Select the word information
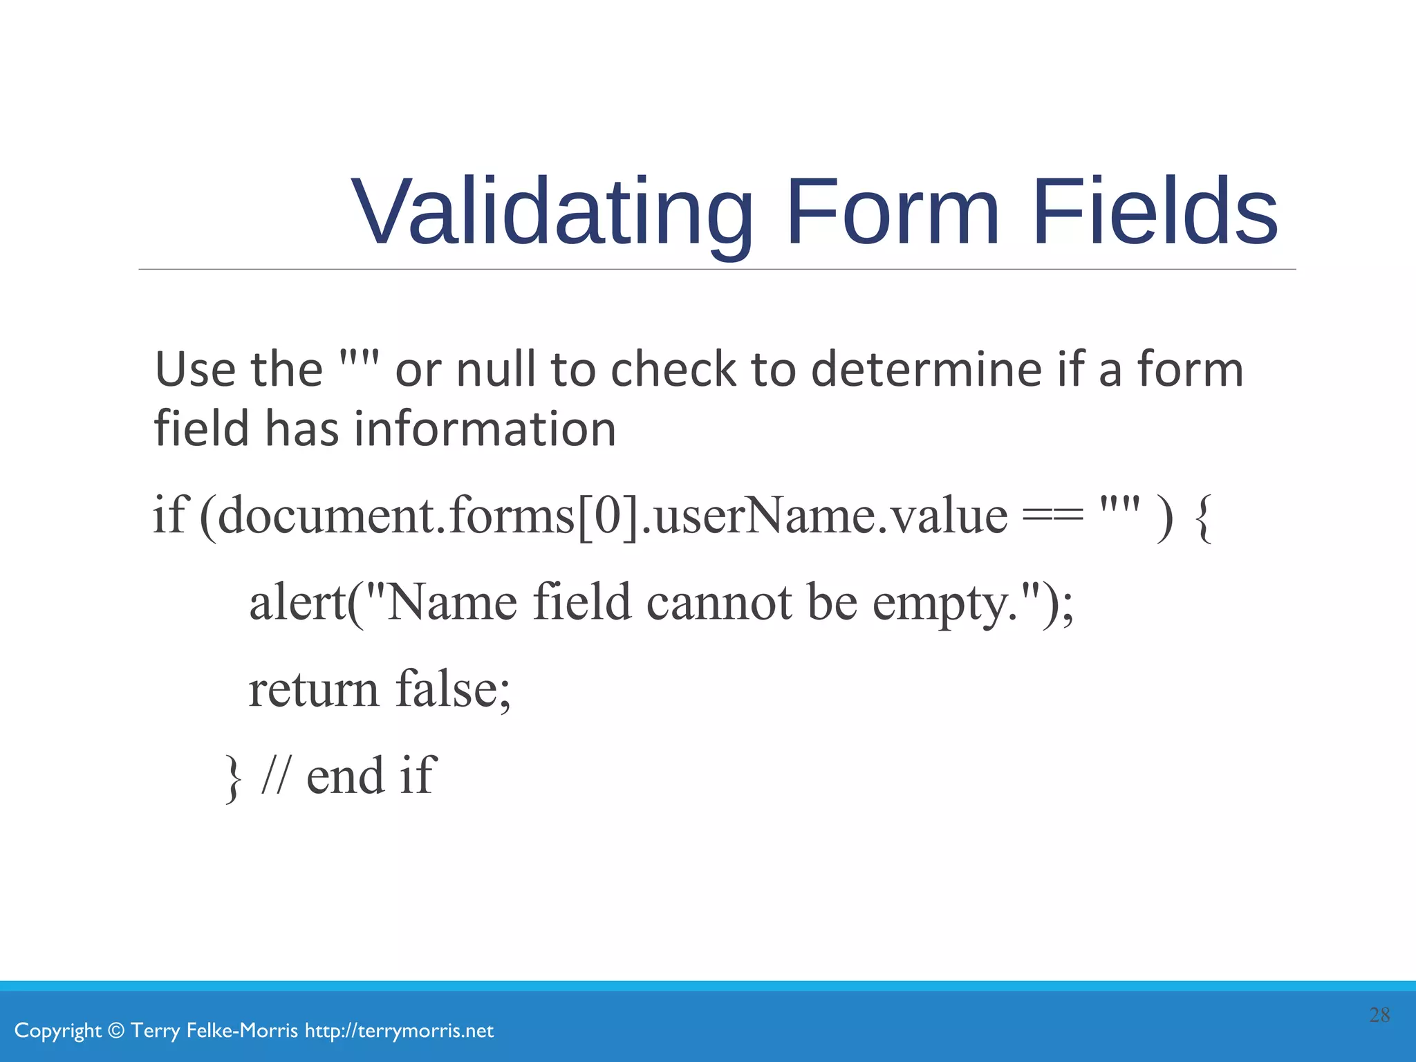click(485, 429)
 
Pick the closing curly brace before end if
click(234, 779)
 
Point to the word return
click(313, 689)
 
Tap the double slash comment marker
click(276, 776)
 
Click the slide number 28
click(1379, 1015)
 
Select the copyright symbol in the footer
click(117, 1031)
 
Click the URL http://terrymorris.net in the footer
click(399, 1031)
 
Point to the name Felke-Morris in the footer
click(242, 1031)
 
